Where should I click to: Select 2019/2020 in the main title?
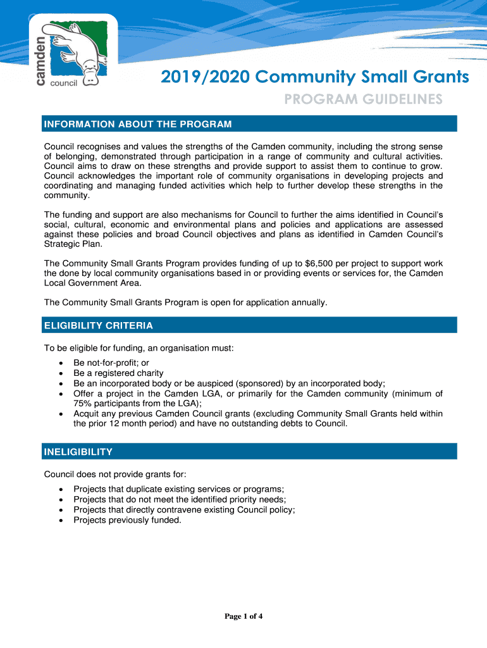coord(197,77)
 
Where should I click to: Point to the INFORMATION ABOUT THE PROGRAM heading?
coord(137,123)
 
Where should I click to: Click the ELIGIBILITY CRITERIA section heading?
coord(98,325)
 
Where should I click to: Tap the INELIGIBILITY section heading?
coord(78,452)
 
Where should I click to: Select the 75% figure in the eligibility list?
coord(83,403)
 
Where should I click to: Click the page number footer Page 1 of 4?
coord(244,617)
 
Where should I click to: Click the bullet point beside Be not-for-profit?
coord(60,363)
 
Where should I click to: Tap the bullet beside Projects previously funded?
coord(60,520)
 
